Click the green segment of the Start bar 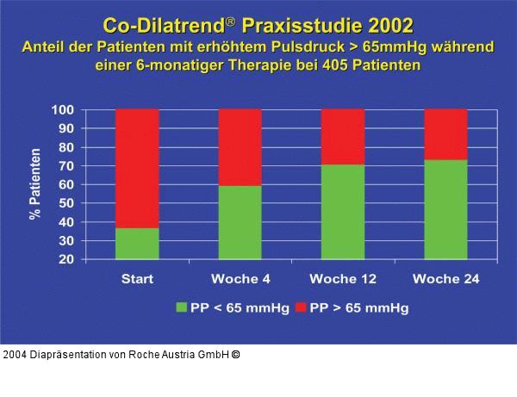pos(136,243)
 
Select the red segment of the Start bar pos(136,168)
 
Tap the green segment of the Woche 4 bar pos(240,222)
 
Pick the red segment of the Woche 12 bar pos(343,136)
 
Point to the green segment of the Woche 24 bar pos(445,209)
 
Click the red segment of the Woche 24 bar pos(445,134)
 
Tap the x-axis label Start pos(136,279)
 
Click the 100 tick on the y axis pos(88,110)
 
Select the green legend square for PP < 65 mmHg pos(182,307)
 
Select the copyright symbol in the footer pos(235,354)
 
